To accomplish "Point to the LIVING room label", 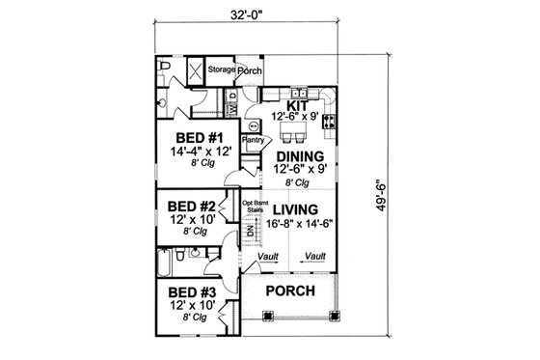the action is point(295,208).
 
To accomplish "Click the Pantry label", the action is point(254,141).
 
